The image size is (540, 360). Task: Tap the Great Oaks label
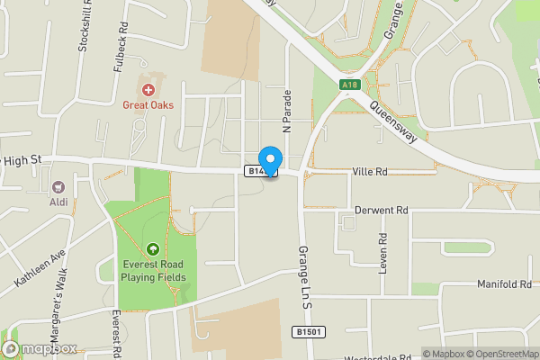pyautogui.click(x=148, y=104)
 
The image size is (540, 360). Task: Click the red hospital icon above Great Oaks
pyautogui.click(x=148, y=90)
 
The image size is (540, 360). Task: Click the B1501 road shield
pyautogui.click(x=309, y=332)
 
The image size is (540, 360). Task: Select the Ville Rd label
pyautogui.click(x=369, y=170)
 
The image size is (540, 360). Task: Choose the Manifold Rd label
pyautogui.click(x=503, y=285)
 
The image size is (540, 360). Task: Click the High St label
pyautogui.click(x=22, y=159)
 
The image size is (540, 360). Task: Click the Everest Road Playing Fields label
pyautogui.click(x=154, y=271)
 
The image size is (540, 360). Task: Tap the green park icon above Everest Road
pyautogui.click(x=153, y=249)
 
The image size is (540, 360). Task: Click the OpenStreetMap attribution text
pyautogui.click(x=498, y=353)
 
